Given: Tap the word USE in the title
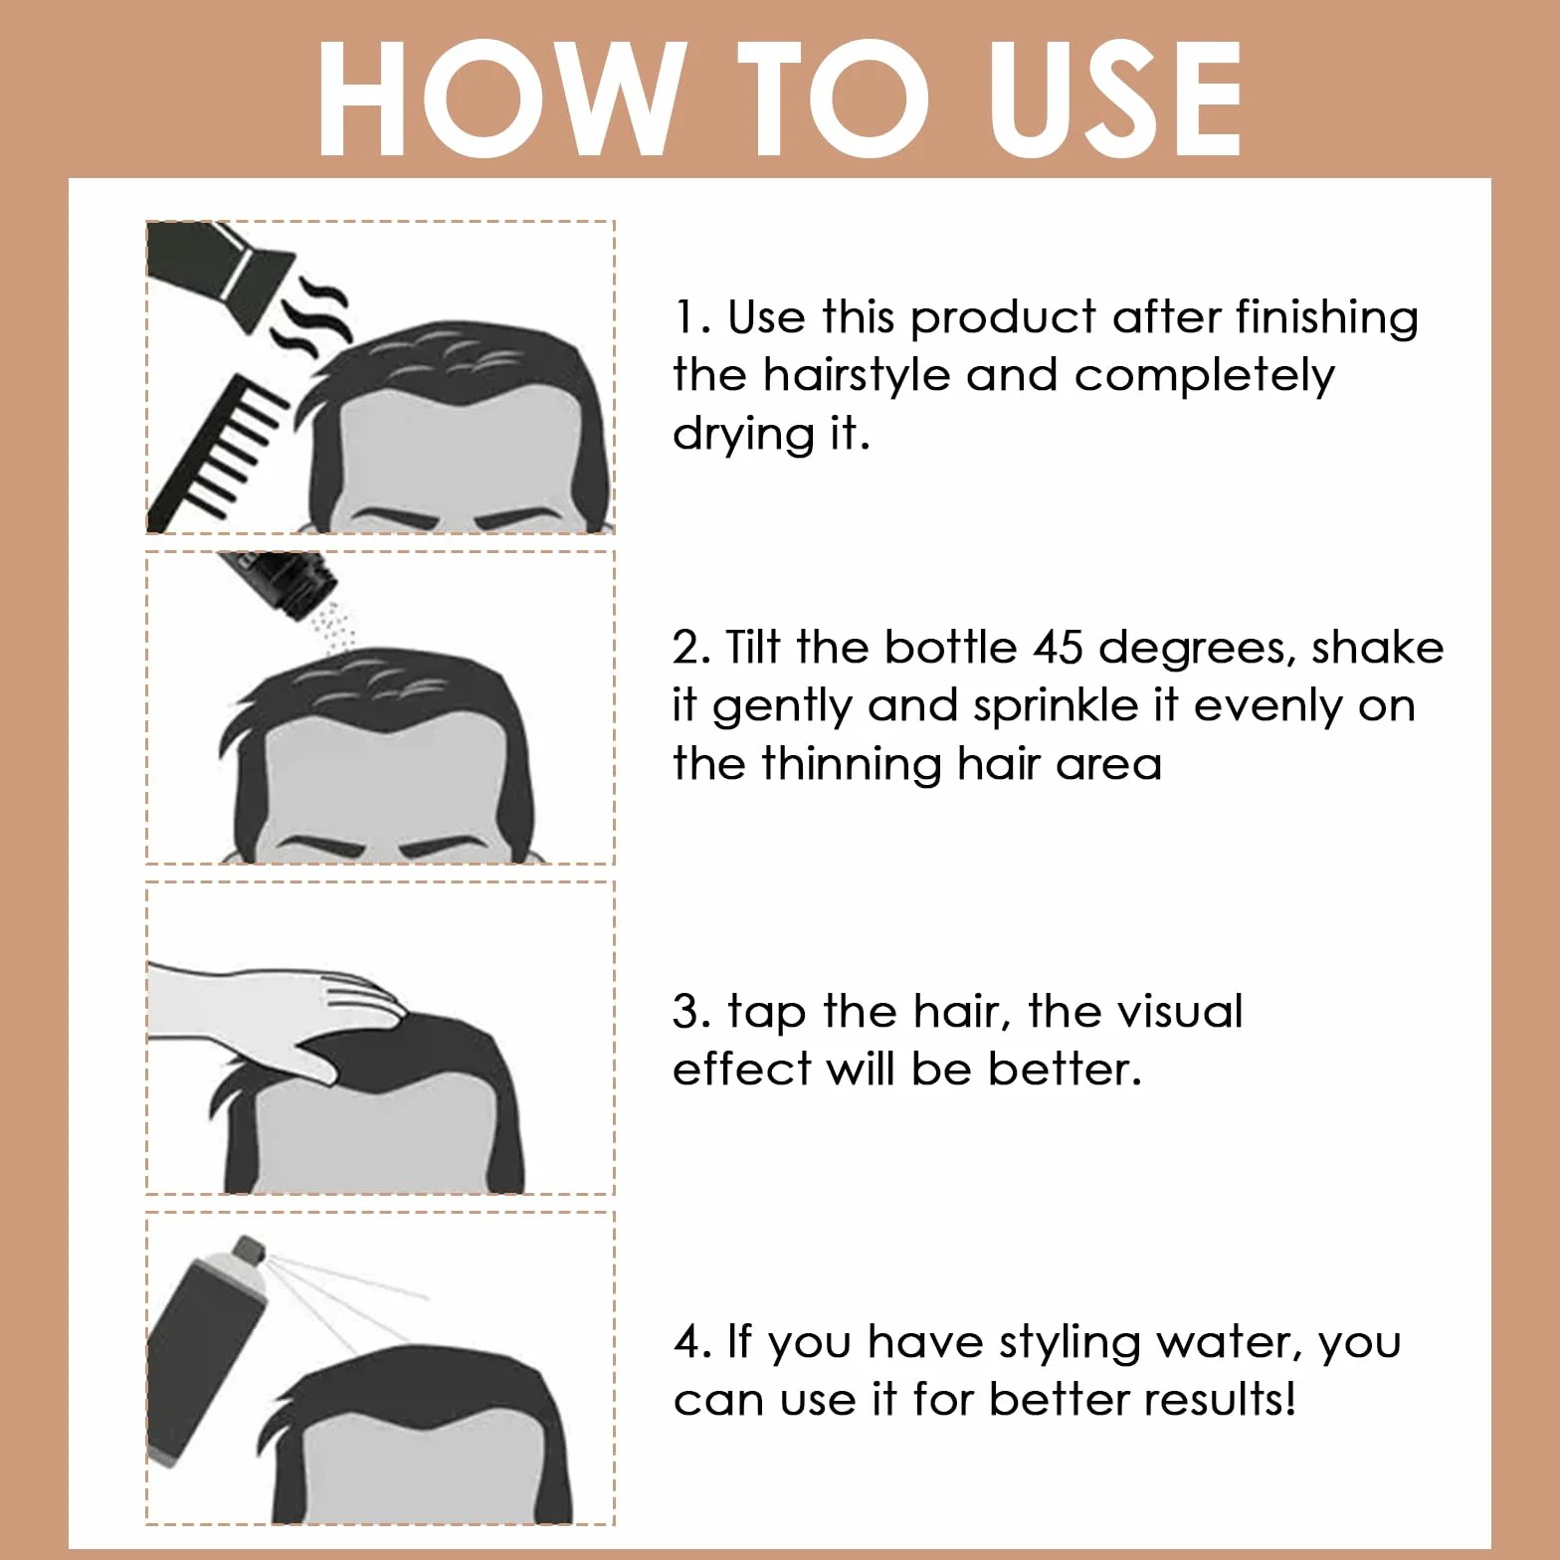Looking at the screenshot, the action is pos(1116,98).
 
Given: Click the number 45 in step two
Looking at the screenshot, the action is pos(1059,648).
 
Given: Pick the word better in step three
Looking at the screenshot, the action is pos(1065,1070).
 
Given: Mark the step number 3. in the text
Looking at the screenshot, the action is pos(691,1012).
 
